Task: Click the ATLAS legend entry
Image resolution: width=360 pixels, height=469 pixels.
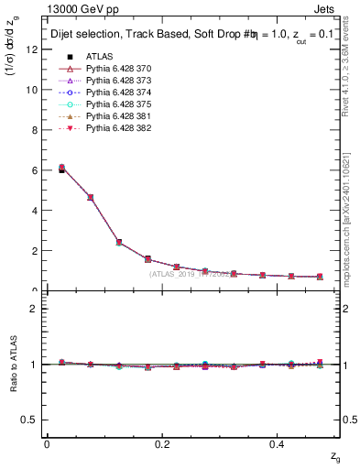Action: pos(99,56)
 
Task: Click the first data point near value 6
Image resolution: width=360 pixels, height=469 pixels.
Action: pos(61,169)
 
